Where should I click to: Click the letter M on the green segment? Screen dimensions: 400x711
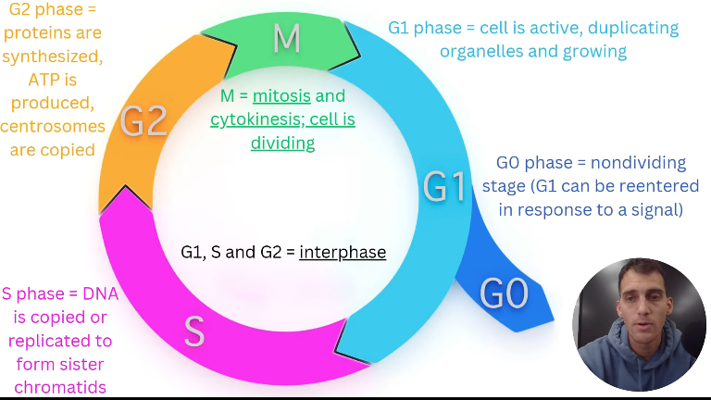click(287, 39)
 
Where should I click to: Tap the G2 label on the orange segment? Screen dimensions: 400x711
click(143, 121)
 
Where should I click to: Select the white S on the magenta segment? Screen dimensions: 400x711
click(193, 331)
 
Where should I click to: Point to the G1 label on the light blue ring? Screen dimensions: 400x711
click(445, 186)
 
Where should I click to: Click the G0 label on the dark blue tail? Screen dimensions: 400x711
click(504, 294)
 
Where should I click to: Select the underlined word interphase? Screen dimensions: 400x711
click(343, 252)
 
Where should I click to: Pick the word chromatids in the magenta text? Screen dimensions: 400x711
click(54, 386)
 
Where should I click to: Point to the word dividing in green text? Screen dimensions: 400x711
click(282, 143)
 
